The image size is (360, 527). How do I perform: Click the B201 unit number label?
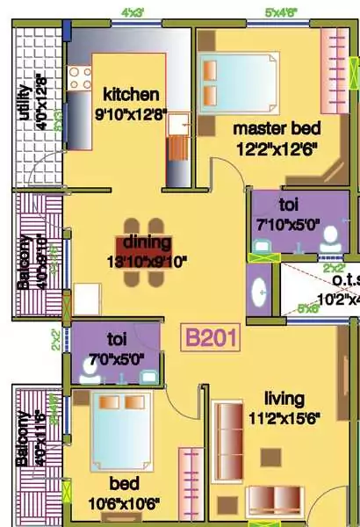coord(210,339)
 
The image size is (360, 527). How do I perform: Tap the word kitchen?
coord(131,94)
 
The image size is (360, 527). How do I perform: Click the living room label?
coord(284,398)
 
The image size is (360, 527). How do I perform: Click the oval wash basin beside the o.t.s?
coord(261,292)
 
